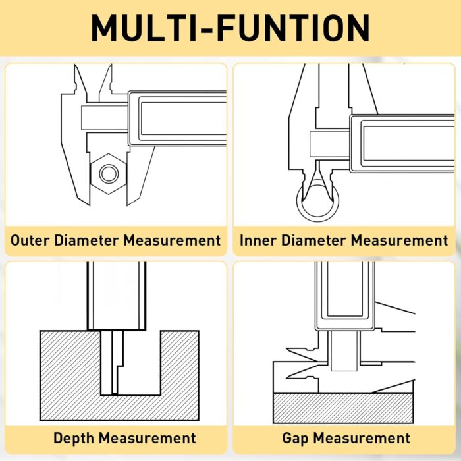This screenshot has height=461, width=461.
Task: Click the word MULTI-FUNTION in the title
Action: tap(230, 28)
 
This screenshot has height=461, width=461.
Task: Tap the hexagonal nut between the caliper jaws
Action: tap(109, 174)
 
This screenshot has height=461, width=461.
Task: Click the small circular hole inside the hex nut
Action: tap(109, 174)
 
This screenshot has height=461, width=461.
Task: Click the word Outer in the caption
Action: tap(30, 240)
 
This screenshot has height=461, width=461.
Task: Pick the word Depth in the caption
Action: tap(74, 438)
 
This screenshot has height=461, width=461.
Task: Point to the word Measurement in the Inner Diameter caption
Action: tap(400, 240)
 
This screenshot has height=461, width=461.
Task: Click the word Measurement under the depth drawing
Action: tap(148, 438)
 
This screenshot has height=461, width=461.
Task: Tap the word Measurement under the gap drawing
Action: tap(362, 438)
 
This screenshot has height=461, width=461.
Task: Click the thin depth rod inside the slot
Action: tap(115, 362)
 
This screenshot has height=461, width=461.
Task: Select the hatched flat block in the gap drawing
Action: tap(343, 408)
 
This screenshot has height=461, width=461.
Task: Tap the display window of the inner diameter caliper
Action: tap(409, 143)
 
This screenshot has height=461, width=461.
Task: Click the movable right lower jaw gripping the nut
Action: tap(138, 176)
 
